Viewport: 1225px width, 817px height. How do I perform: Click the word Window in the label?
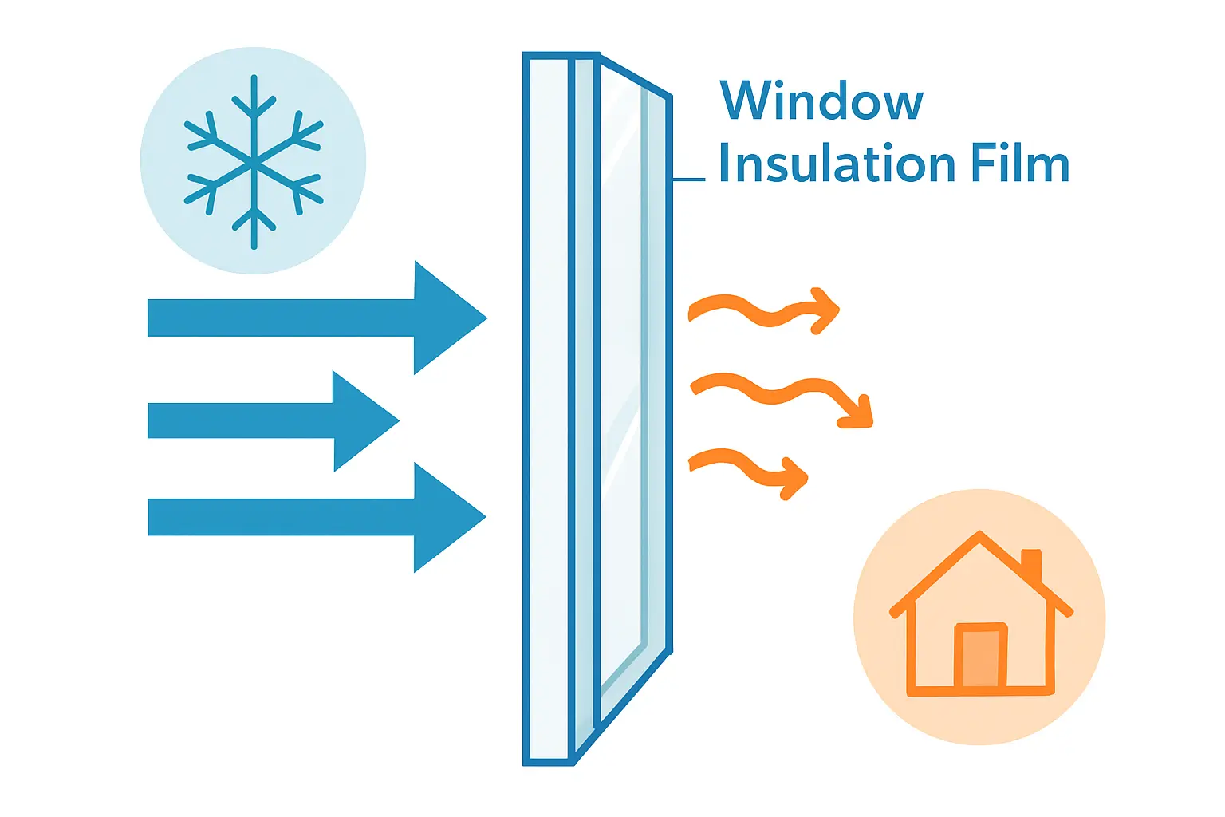click(x=821, y=101)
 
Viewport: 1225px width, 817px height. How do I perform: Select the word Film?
click(x=1021, y=163)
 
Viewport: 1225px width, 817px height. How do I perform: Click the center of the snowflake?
click(x=254, y=162)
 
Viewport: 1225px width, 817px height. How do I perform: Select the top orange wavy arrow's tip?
click(x=838, y=310)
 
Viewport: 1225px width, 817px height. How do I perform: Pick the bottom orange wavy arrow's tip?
click(x=806, y=477)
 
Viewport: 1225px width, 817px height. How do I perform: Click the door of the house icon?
click(x=980, y=655)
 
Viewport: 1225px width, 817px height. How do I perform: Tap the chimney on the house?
click(x=1031, y=565)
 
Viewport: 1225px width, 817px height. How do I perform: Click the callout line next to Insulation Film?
click(x=688, y=179)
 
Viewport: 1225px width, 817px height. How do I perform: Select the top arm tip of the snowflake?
click(x=254, y=77)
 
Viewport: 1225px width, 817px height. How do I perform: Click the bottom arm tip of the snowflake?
click(x=254, y=247)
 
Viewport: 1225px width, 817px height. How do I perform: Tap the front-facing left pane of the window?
click(x=549, y=408)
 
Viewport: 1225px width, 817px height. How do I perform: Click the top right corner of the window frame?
click(x=670, y=97)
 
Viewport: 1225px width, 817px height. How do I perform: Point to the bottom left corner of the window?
click(x=525, y=764)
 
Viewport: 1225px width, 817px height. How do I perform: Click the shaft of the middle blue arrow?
click(x=241, y=420)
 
